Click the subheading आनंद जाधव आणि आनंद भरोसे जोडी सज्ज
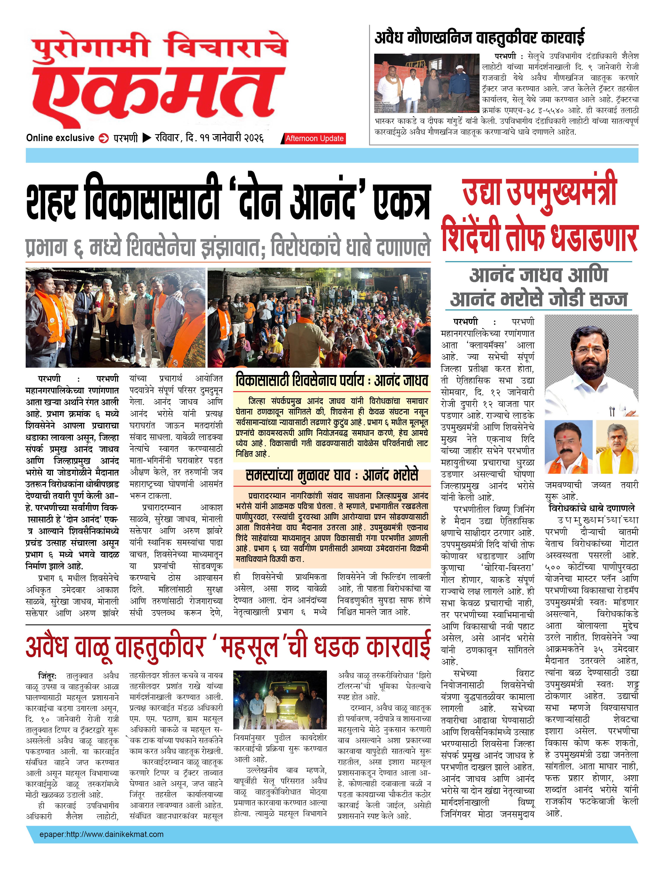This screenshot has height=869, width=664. click(x=538, y=287)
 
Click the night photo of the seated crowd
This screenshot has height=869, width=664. click(x=319, y=317)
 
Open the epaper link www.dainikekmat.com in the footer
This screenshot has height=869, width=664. click(x=101, y=834)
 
